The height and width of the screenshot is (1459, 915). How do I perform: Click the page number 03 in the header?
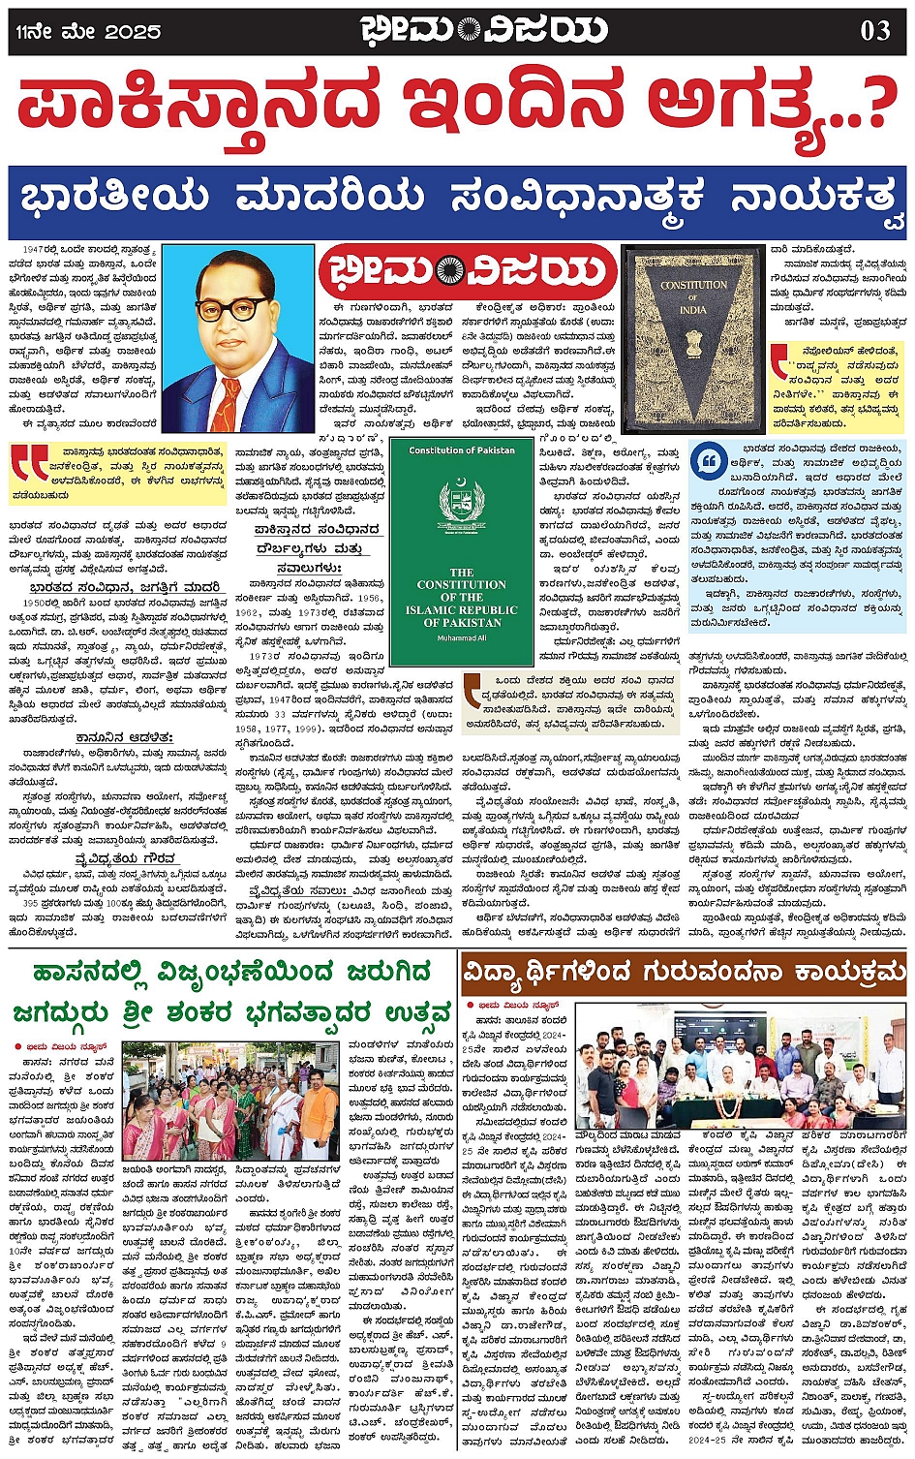tap(874, 31)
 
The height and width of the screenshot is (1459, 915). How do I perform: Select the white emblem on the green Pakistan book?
tap(461, 503)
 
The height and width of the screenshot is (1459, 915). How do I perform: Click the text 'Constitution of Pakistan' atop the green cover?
tap(461, 450)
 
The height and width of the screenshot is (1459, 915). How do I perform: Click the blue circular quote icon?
tap(710, 460)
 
